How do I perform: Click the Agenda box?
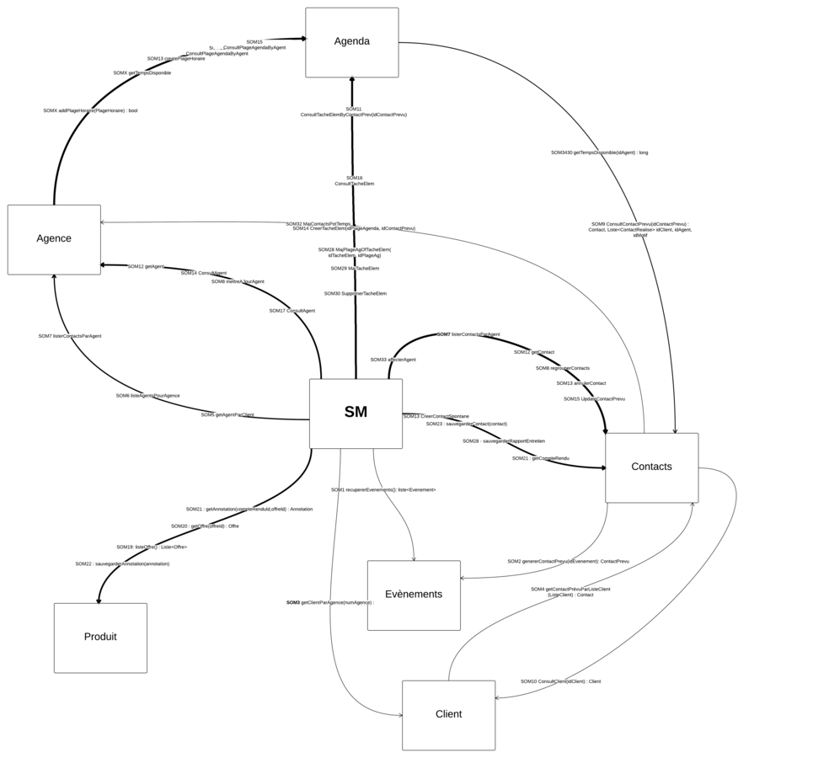351,42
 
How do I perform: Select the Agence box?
54,239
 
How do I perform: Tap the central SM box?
356,413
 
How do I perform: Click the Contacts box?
651,467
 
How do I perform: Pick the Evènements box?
414,595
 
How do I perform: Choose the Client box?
448,714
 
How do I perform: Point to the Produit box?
100,638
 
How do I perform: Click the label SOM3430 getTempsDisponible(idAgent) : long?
599,152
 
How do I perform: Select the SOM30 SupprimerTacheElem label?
356,294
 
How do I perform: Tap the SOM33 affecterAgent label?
393,360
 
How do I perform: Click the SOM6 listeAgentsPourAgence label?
147,396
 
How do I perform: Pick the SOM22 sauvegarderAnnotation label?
122,564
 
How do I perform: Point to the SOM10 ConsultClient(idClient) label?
560,681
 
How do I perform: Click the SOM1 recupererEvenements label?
383,489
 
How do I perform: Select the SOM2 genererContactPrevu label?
568,561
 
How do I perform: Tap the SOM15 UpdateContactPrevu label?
594,399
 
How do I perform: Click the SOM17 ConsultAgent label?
292,311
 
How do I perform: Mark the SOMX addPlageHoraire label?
90,110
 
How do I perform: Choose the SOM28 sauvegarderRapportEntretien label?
503,441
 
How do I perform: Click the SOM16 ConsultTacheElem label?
354,180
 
